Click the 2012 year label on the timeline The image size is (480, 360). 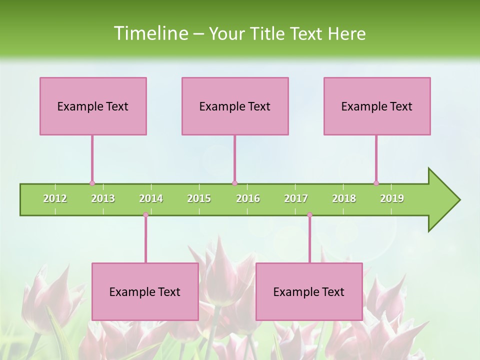55,199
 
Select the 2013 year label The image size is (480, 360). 103,199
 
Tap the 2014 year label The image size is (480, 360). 151,199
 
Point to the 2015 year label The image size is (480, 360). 199,199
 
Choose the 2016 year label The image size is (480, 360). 248,199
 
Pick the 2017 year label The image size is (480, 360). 296,199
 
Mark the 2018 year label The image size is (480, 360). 344,199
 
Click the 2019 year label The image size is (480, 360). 392,199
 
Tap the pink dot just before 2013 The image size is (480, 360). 92,183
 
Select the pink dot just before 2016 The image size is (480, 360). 234,183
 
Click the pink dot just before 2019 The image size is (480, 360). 376,183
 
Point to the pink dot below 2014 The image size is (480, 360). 145,215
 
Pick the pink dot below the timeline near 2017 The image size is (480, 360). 309,215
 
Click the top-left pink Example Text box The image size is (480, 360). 93,106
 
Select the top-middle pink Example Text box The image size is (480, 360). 235,106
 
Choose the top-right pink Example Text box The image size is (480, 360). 377,106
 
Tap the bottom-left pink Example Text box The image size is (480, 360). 145,291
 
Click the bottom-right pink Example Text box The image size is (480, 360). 309,291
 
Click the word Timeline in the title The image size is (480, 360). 150,33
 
